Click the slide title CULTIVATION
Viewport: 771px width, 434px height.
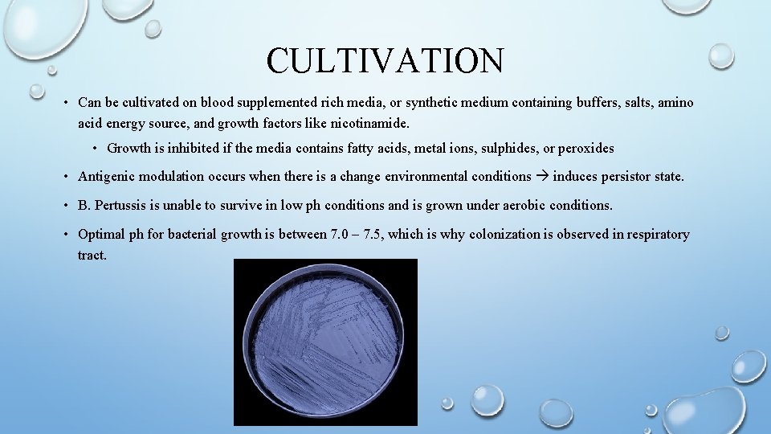[385, 60]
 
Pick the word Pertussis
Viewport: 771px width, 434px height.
[120, 205]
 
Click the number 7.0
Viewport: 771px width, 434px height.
[341, 235]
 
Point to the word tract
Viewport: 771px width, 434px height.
[92, 255]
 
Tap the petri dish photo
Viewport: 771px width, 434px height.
[325, 342]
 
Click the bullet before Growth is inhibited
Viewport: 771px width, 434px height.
[95, 148]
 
